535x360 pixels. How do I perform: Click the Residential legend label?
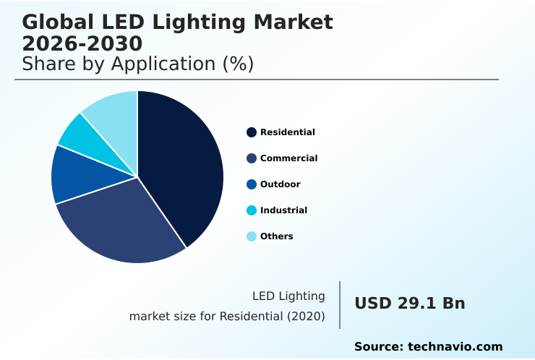click(x=287, y=132)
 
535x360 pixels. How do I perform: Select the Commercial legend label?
click(x=288, y=158)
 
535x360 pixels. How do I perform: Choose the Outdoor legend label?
click(x=280, y=184)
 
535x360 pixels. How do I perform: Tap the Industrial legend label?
click(x=283, y=210)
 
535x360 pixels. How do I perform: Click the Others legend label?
click(x=276, y=236)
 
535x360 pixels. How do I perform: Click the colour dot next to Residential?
click(x=252, y=132)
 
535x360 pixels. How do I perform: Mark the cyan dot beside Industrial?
click(x=252, y=210)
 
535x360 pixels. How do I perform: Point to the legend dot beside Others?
click(x=252, y=236)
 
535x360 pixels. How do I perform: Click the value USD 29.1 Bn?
click(x=409, y=304)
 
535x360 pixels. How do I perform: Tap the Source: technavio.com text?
click(x=428, y=347)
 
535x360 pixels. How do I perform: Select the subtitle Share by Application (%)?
click(x=137, y=64)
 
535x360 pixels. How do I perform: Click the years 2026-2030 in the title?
click(x=82, y=43)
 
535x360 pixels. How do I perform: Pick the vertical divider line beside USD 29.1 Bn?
click(x=340, y=305)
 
